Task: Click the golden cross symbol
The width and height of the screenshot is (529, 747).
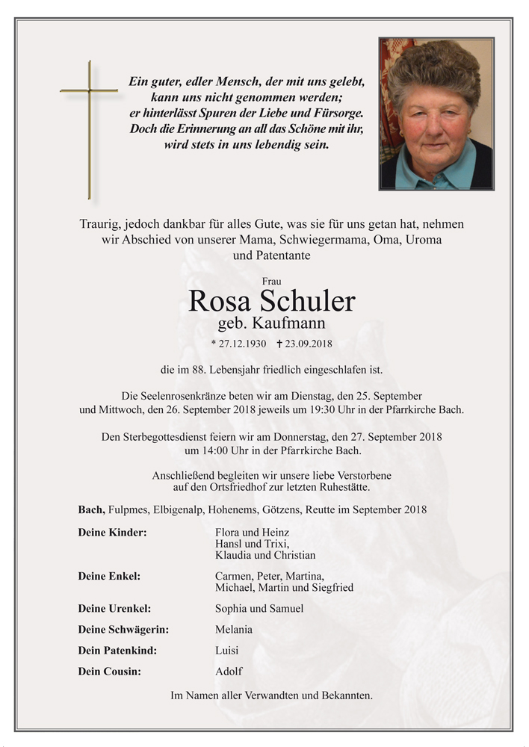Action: pos(89,128)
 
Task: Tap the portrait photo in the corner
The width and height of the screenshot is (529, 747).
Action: pos(436,114)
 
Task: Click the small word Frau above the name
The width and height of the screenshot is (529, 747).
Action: pos(272,282)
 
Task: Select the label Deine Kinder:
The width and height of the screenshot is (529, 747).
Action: pos(112,533)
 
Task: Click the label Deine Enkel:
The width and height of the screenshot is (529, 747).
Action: pos(109,576)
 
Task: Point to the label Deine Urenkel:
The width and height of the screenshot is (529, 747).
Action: pos(114,608)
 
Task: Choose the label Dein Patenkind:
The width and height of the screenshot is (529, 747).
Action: pos(117,650)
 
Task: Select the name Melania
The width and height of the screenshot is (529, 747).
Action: pos(233,629)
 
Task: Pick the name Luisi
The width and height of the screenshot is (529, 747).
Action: pos(226,650)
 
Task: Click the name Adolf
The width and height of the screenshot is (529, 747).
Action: pos(229,671)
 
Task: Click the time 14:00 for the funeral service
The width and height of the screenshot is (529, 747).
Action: pos(198,450)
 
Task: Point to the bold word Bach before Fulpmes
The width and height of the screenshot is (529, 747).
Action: pos(90,509)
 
